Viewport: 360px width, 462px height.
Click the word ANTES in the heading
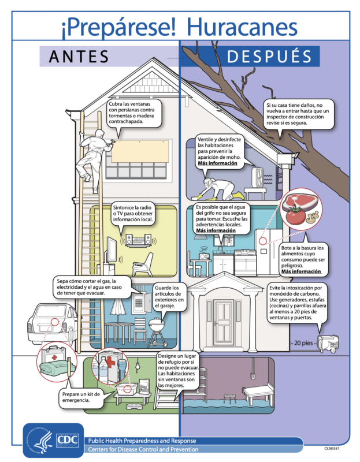point(79,56)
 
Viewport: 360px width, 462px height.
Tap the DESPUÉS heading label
point(269,56)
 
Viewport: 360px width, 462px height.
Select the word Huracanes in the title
point(242,27)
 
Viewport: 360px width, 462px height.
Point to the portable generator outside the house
point(328,343)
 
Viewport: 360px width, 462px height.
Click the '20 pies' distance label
point(303,343)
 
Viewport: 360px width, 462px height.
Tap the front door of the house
point(224,322)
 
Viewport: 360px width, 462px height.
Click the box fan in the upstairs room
point(257,177)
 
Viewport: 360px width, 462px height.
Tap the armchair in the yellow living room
point(143,264)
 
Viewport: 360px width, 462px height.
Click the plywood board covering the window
point(140,151)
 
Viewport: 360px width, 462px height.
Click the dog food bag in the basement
point(143,386)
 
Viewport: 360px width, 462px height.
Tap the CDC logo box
point(68,441)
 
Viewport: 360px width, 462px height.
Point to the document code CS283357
point(332,449)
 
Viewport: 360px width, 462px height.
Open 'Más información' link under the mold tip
point(217,163)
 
